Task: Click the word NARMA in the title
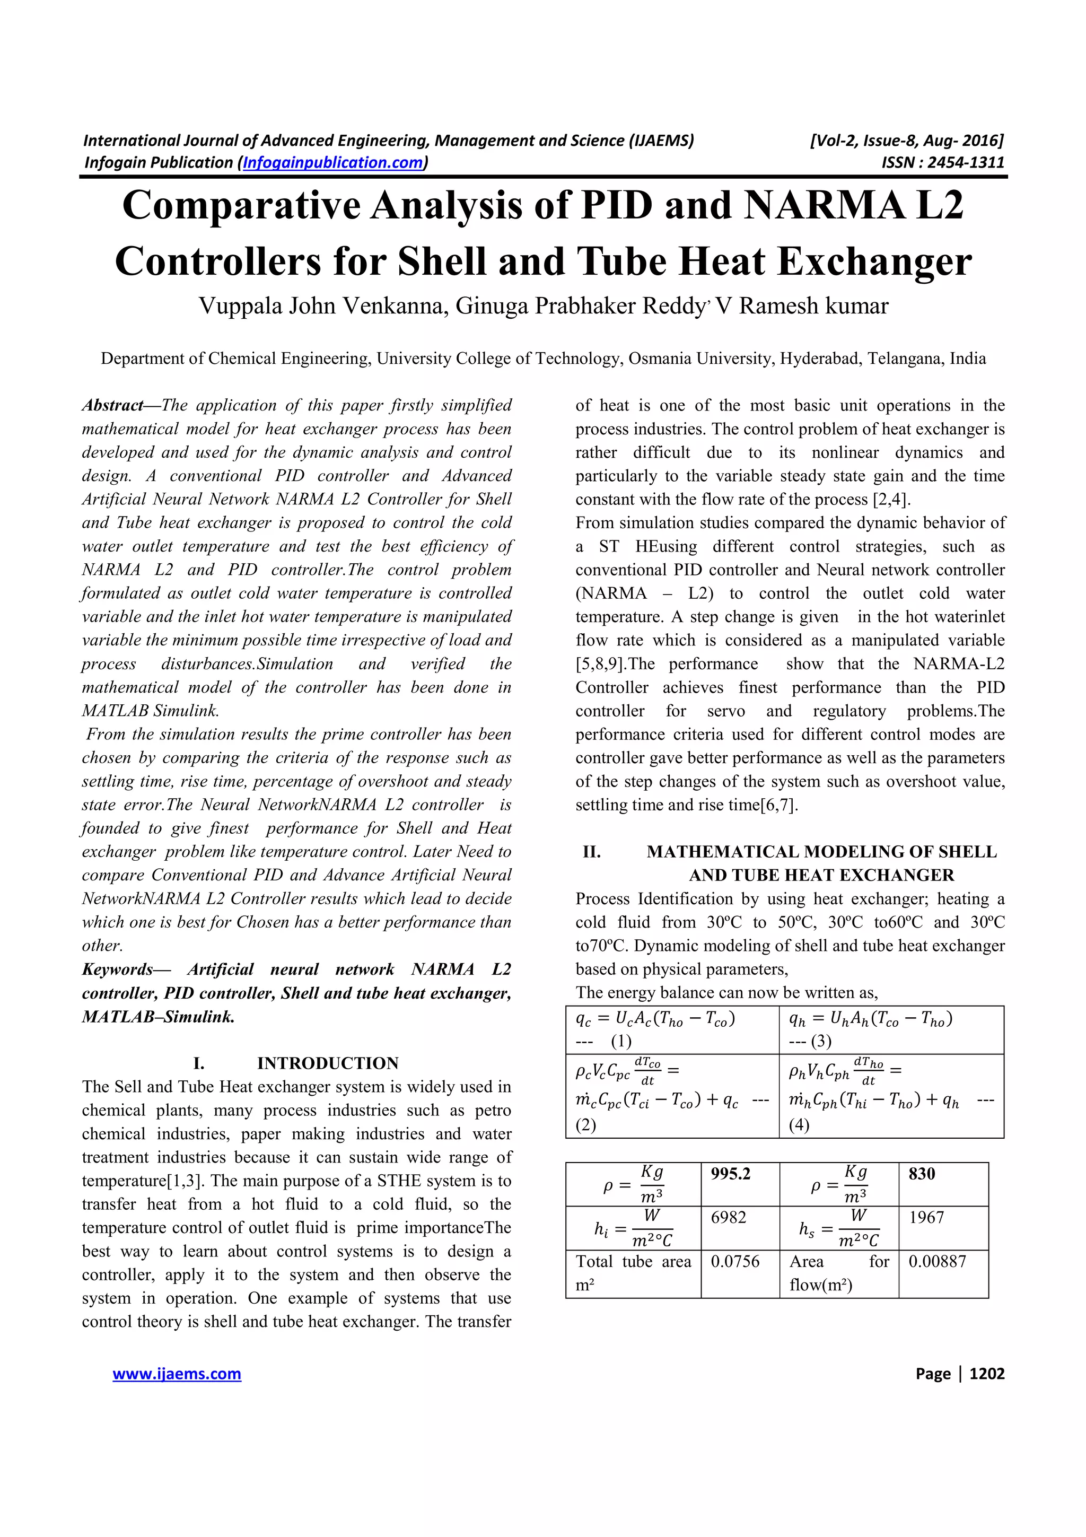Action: [x=822, y=205]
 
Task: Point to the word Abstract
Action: [x=112, y=406]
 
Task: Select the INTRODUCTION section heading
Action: [x=327, y=1063]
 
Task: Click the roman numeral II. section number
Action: [x=591, y=852]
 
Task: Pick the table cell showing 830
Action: [x=922, y=1174]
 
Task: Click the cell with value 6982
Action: [x=728, y=1217]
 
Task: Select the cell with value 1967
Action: [x=926, y=1217]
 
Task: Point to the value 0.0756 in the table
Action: [x=735, y=1261]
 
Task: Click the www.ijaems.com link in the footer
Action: [x=177, y=1374]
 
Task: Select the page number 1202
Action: [x=986, y=1374]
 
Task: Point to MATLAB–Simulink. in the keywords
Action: [x=158, y=1017]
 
